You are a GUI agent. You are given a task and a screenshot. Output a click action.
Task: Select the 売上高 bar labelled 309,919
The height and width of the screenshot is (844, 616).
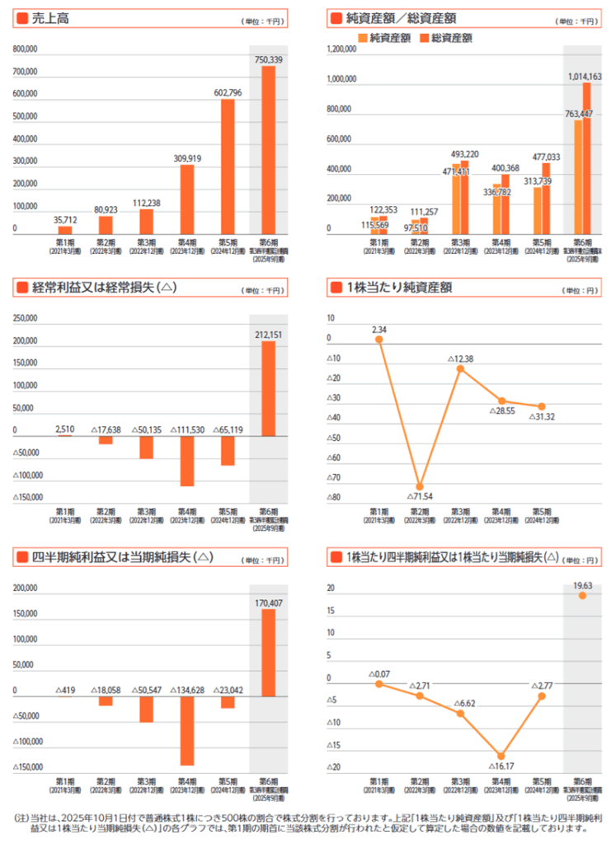click(x=187, y=200)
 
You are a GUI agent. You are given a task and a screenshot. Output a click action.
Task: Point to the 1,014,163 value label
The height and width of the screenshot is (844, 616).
click(x=585, y=76)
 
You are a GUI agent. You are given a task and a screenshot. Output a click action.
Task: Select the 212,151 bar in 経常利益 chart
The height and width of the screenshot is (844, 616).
click(x=269, y=388)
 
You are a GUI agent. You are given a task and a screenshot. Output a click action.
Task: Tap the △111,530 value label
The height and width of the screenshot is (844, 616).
click(x=187, y=429)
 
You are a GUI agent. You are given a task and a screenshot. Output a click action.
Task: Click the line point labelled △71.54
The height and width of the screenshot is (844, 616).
click(x=420, y=487)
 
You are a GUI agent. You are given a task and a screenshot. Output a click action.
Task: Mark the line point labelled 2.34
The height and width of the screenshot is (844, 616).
click(x=379, y=339)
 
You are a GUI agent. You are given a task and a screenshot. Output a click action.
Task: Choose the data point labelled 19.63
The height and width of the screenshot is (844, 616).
click(x=583, y=595)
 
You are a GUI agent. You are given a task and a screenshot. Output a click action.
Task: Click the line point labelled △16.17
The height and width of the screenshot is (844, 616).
click(x=501, y=756)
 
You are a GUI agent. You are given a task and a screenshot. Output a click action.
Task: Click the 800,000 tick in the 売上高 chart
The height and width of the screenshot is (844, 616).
click(x=26, y=49)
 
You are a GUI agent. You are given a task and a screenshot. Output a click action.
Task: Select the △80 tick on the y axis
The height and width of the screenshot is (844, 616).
click(x=334, y=498)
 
